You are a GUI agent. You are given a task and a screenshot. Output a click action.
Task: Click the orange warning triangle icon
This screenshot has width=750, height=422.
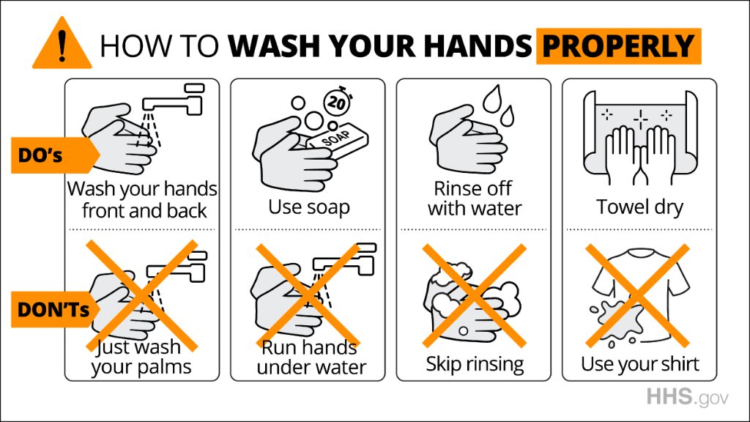pyautogui.click(x=62, y=45)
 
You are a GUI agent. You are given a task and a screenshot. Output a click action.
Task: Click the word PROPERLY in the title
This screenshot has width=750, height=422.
pyautogui.click(x=618, y=46)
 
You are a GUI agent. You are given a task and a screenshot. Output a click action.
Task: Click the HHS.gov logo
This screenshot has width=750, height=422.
pyautogui.click(x=687, y=397)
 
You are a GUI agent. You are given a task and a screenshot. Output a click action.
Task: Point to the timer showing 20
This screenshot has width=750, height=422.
pyautogui.click(x=337, y=101)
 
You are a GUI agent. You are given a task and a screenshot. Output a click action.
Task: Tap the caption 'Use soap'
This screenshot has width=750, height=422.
pyautogui.click(x=309, y=207)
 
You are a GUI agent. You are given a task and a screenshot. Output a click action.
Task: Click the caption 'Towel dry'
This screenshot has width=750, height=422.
pyautogui.click(x=639, y=207)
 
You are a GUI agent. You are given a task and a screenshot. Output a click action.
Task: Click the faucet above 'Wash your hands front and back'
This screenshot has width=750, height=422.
pyautogui.click(x=173, y=100)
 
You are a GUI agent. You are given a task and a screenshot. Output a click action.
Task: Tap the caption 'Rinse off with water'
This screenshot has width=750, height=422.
pyautogui.click(x=475, y=199)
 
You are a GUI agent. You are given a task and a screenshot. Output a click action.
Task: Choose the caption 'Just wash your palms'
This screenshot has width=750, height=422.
pyautogui.click(x=141, y=357)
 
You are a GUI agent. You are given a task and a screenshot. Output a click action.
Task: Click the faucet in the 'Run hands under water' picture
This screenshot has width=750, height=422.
pyautogui.click(x=344, y=259)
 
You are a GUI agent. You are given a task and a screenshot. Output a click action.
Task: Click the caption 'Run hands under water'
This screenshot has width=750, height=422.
pyautogui.click(x=311, y=358)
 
